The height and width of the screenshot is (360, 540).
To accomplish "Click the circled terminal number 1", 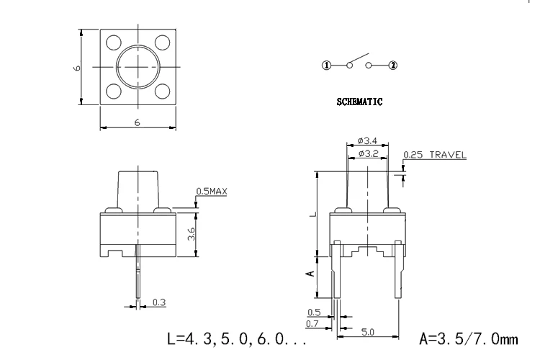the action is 326,65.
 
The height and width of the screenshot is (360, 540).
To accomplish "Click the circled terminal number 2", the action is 393,65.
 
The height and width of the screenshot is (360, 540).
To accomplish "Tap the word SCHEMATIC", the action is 359,102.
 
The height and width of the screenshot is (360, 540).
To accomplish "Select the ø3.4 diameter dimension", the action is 367,140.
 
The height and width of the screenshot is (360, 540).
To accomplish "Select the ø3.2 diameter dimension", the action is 368,153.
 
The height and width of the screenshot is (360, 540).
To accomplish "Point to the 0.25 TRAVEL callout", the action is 435,155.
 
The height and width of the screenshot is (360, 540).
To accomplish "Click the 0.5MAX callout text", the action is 212,192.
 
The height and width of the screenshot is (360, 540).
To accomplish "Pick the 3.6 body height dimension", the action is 192,234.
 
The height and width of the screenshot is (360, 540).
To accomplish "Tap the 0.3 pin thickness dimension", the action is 159,302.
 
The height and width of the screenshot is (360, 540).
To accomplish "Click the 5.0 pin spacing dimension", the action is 367,332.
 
